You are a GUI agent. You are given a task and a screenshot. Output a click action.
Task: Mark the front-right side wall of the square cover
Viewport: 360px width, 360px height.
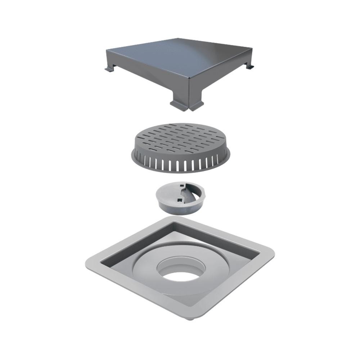click(220, 77)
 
